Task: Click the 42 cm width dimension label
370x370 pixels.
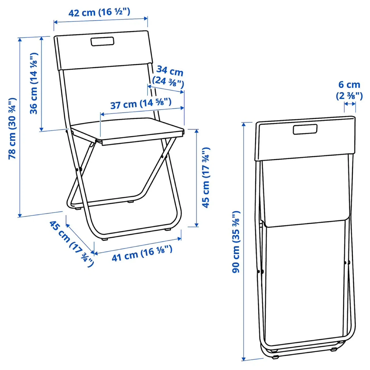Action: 99,12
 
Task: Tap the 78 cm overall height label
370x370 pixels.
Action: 13,128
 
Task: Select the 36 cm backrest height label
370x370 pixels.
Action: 34,84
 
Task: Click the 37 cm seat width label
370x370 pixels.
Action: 141,104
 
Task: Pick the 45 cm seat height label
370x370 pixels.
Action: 206,178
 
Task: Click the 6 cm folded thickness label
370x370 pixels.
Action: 349,90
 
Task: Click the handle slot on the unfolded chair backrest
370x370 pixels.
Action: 102,41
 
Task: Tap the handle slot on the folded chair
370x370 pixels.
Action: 305,129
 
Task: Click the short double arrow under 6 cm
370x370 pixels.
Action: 350,104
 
